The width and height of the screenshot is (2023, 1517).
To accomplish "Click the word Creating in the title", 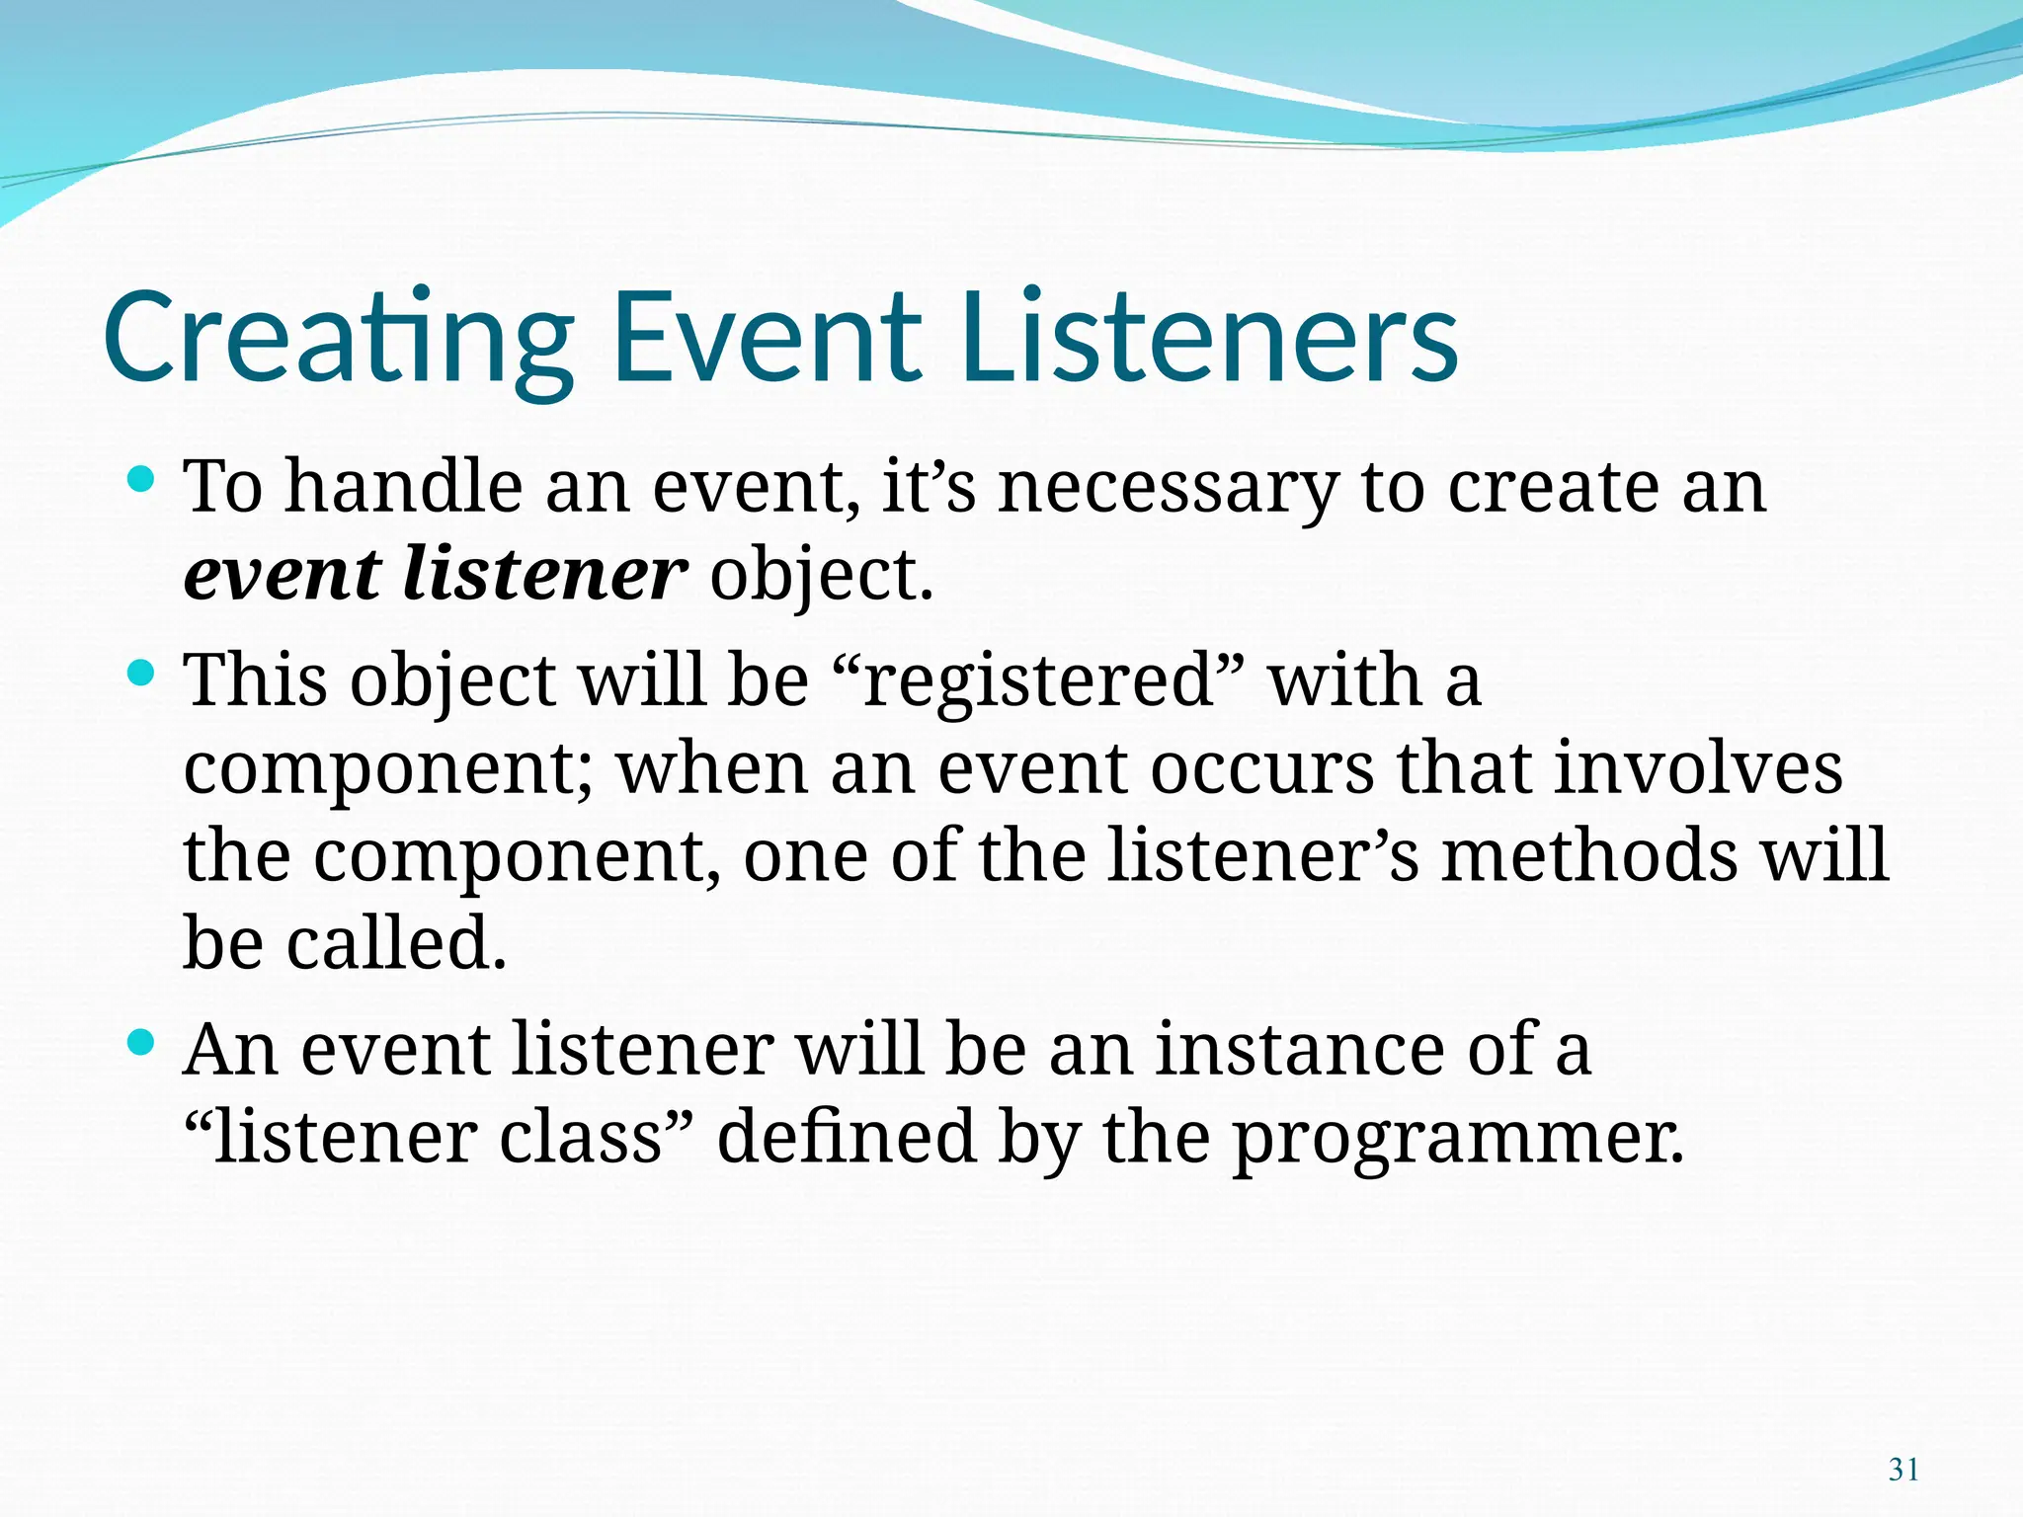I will coord(336,338).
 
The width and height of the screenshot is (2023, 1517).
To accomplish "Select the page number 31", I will coord(1902,1470).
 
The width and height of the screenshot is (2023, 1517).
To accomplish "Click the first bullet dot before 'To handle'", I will coord(142,481).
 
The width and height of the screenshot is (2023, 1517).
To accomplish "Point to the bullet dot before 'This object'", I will coord(142,675).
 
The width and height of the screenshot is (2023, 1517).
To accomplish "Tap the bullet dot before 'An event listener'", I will coord(142,1042).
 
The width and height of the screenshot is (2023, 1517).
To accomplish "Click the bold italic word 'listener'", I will coord(544,575).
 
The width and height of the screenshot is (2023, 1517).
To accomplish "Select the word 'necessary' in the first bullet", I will coord(1167,488).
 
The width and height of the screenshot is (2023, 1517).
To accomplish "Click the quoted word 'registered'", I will coord(1038,681).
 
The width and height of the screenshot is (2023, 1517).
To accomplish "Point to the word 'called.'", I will coord(395,943).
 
